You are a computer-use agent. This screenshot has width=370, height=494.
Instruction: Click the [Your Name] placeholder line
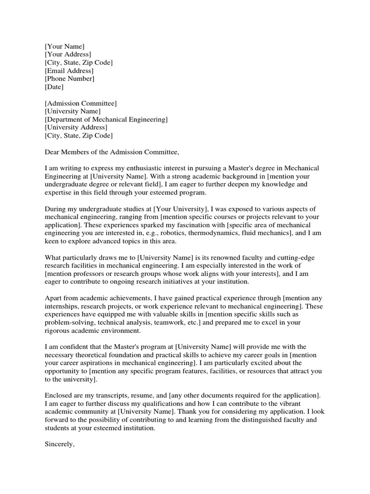tap(64, 46)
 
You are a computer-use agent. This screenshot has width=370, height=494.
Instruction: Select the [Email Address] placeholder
tap(69, 70)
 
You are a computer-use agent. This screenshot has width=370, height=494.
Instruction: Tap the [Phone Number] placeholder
tap(69, 79)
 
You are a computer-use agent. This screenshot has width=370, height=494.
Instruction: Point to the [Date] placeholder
tap(54, 87)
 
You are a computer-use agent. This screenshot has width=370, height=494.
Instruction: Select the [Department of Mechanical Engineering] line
tap(106, 120)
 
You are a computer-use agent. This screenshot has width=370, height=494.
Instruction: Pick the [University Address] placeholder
tap(76, 128)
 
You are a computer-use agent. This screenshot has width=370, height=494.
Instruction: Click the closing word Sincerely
tap(59, 444)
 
